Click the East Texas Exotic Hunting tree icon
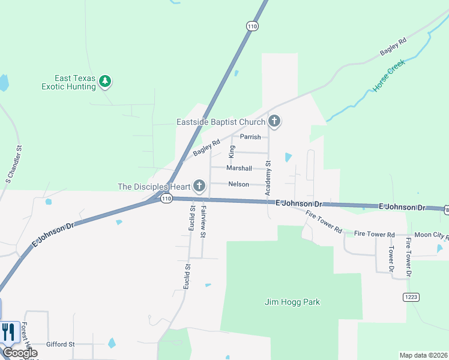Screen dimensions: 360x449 point(106,81)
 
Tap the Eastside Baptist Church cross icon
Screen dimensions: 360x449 point(274,121)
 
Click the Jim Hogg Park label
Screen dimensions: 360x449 point(292,302)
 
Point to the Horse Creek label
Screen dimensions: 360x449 point(389,75)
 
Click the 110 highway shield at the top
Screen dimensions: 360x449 point(252,26)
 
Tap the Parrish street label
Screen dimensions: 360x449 point(250,137)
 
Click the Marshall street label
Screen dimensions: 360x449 point(239,168)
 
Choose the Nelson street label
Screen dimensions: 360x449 point(238,184)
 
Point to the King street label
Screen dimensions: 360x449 point(232,151)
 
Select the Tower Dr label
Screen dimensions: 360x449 point(391,256)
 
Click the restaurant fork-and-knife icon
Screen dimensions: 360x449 point(8,332)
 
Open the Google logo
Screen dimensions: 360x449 point(19,353)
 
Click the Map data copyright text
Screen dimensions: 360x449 point(423,355)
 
